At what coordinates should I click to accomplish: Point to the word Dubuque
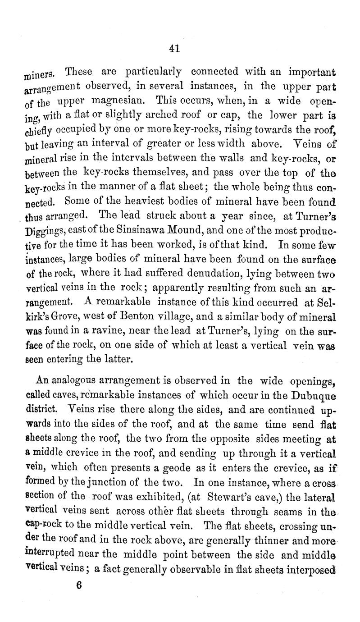click(315, 397)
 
